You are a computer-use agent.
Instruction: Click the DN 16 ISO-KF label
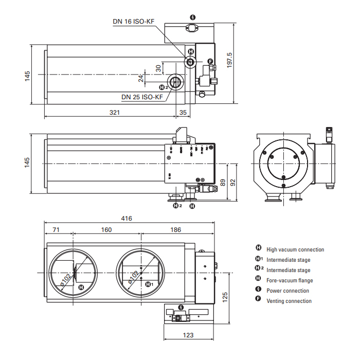[x=134, y=22]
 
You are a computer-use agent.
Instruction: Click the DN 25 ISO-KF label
[x=142, y=97]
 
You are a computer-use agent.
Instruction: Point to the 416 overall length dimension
[x=127, y=218]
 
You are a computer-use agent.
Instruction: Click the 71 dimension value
[x=57, y=230]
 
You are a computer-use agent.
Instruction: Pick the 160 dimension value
[x=106, y=230]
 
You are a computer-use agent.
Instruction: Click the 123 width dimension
[x=188, y=335]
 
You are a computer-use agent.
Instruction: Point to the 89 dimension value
[x=222, y=182]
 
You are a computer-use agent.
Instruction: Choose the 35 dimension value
[x=183, y=112]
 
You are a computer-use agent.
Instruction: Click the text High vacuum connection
[x=295, y=250]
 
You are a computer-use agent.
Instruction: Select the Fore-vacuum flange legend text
[x=290, y=281]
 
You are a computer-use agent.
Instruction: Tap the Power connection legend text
[x=287, y=291]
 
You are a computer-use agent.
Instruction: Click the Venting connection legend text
[x=289, y=301]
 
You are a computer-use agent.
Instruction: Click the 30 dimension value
[x=158, y=67]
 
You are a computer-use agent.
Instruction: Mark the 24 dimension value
[x=140, y=78]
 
